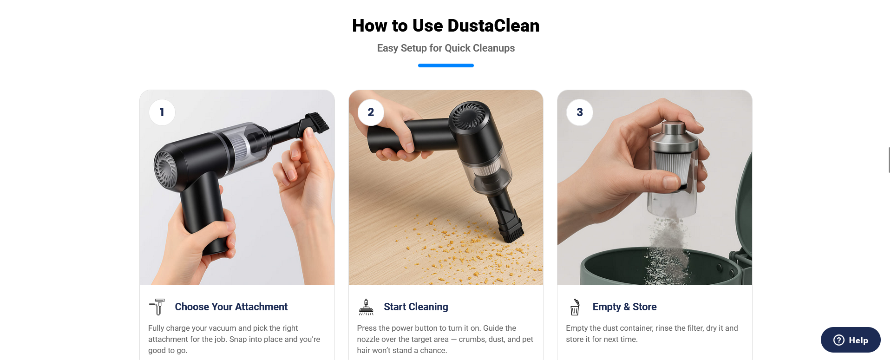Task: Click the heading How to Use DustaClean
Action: [445, 26]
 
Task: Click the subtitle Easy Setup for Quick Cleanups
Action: [445, 48]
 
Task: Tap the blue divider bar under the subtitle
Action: [445, 65]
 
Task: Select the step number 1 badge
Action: [162, 112]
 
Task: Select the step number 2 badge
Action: [371, 112]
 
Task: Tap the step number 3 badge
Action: [580, 112]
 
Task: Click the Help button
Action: [851, 340]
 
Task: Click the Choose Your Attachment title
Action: [231, 307]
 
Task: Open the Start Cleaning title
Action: [416, 307]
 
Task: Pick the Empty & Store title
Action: [624, 307]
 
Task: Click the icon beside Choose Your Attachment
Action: [157, 307]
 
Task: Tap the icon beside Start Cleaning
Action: [366, 307]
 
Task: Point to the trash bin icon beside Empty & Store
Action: [575, 307]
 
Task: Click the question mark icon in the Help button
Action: [839, 340]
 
